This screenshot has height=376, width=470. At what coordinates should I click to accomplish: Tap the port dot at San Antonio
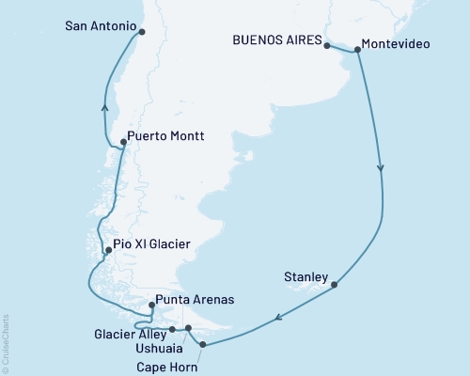coord(142,31)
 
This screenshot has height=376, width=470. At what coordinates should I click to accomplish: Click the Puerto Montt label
coord(165,136)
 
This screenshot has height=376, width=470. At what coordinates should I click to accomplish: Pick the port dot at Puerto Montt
coord(124,143)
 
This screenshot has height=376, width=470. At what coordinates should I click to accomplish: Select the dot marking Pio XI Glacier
coord(109,250)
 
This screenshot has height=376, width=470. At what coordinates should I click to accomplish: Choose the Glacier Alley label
coord(130,333)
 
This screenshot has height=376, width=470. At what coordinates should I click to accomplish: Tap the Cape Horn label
coord(167,367)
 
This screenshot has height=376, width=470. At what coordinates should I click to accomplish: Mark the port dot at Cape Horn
coord(204,345)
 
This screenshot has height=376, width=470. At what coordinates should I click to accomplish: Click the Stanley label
coord(305,277)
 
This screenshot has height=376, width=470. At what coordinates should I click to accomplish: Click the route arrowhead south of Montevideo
coord(381,169)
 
